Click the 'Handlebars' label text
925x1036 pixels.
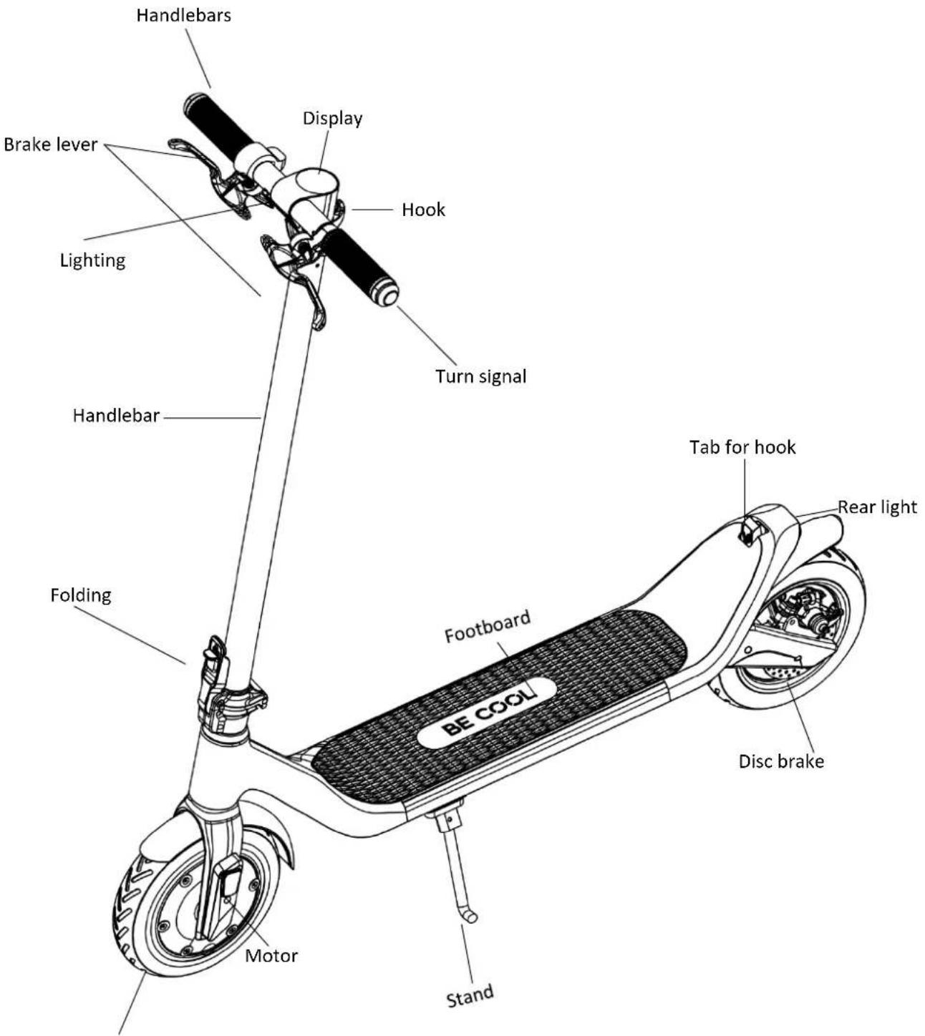pyautogui.click(x=183, y=15)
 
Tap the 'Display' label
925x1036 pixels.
pyautogui.click(x=332, y=118)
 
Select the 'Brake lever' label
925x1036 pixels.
pyautogui.click(x=50, y=145)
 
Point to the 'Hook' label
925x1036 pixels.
pyautogui.click(x=423, y=210)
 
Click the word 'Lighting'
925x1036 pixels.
pyautogui.click(x=92, y=260)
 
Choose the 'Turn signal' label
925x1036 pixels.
pyautogui.click(x=481, y=376)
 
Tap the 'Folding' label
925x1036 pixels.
pyautogui.click(x=81, y=595)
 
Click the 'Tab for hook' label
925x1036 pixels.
pyautogui.click(x=742, y=447)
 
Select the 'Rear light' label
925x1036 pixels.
pyautogui.click(x=878, y=507)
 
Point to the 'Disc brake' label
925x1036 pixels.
pyautogui.click(x=781, y=762)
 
